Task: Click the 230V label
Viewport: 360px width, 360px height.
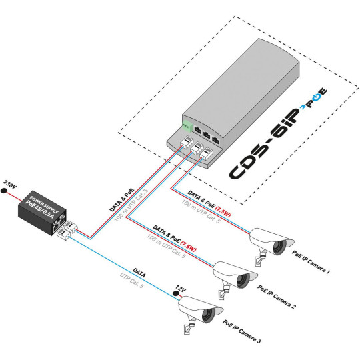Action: coord(9,183)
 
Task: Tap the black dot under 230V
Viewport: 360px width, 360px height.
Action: coord(5,192)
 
